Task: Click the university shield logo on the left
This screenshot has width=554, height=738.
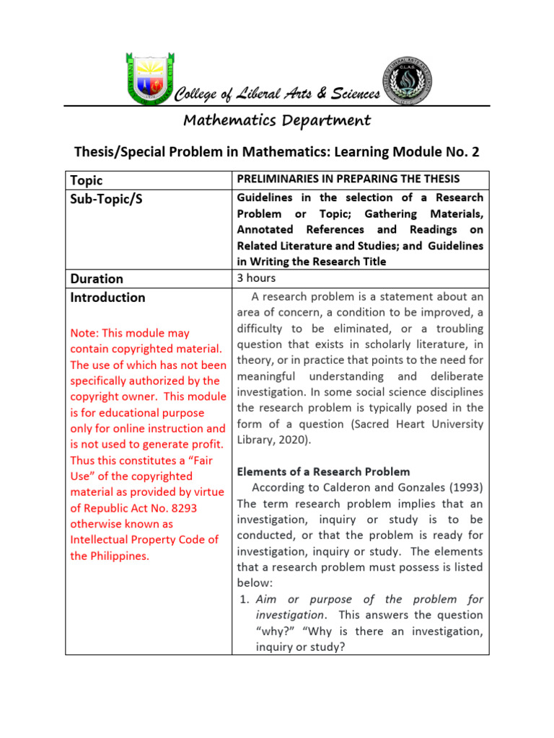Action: pos(149,77)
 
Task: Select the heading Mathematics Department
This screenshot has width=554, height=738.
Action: pos(277,120)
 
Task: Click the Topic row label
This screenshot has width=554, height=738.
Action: pos(86,180)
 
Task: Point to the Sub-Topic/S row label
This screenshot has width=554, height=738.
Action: pos(106,199)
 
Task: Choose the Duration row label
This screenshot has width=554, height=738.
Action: pos(97,278)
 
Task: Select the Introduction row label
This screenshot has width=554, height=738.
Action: pos(107,297)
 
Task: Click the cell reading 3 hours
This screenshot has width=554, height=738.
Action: pos(256,277)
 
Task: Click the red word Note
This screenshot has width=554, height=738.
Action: pos(83,333)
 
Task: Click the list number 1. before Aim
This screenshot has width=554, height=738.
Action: pos(244,599)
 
